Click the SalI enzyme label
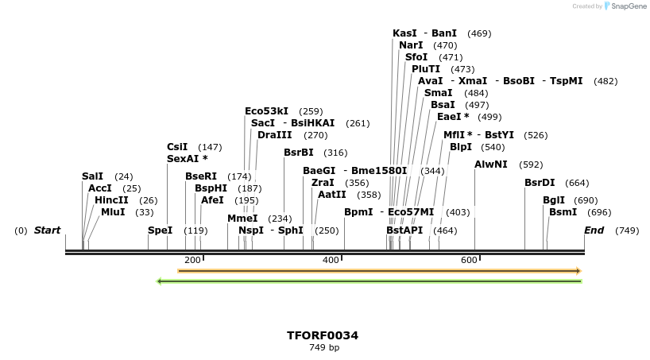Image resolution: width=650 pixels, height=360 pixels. click(x=92, y=176)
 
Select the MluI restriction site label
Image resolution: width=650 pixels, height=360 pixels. click(x=113, y=212)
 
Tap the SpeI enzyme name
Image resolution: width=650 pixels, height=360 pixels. click(x=160, y=230)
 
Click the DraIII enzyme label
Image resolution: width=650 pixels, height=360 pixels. click(x=276, y=135)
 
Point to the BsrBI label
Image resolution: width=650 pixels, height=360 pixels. click(x=299, y=153)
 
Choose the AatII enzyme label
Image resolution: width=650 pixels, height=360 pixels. click(x=332, y=194)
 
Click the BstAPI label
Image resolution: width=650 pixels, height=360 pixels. click(x=404, y=230)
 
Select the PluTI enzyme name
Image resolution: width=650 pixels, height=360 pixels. click(x=426, y=69)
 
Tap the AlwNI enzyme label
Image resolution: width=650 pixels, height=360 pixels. click(x=490, y=165)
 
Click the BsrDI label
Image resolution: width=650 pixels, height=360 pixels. click(x=540, y=183)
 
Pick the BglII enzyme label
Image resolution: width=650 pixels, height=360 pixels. click(x=554, y=200)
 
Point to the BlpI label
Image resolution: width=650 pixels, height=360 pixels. click(x=461, y=147)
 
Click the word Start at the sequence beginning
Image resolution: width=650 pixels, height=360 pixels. click(x=47, y=230)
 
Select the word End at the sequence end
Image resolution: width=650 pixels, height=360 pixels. click(x=594, y=230)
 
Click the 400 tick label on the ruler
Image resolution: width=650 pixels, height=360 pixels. click(x=331, y=260)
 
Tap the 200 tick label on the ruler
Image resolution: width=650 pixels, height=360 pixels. click(x=192, y=260)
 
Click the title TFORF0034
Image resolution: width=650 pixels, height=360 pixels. click(x=323, y=335)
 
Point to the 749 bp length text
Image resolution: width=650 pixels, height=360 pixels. click(x=323, y=348)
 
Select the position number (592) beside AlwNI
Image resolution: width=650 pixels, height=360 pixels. click(x=531, y=165)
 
